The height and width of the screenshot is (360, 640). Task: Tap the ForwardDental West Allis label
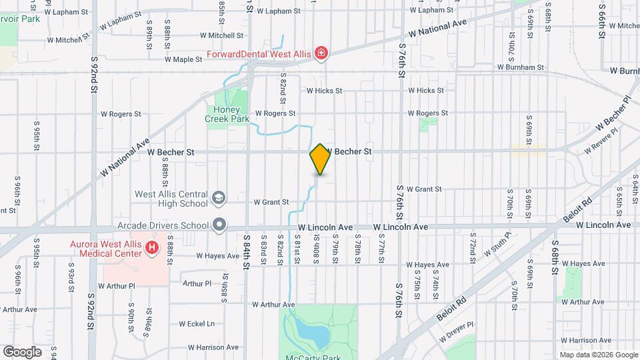[x=258, y=53]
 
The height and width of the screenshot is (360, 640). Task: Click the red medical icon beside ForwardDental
[x=321, y=53]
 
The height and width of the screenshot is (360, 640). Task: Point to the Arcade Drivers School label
[x=163, y=225]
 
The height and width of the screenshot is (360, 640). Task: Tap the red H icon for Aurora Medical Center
[x=152, y=249]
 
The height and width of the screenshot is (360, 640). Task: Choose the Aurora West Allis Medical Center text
[x=106, y=249]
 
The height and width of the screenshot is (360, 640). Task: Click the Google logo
[x=22, y=351]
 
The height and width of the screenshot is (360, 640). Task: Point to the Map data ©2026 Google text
[x=598, y=355]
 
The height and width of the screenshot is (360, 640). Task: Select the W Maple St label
[x=183, y=59]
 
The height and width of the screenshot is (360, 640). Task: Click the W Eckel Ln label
[x=197, y=324]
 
